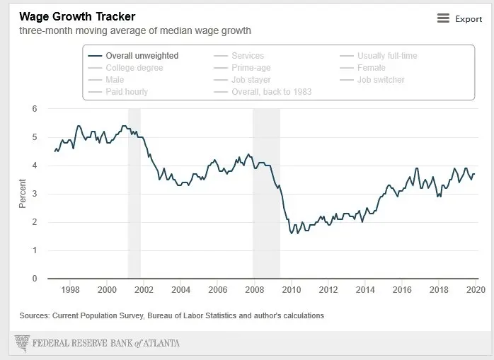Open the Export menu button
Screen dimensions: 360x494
[459, 19]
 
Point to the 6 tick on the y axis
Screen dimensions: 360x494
[34, 109]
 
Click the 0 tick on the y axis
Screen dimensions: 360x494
[34, 279]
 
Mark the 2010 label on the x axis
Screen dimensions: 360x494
[291, 290]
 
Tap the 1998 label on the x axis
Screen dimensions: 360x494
[69, 290]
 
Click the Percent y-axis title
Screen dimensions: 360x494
[23, 194]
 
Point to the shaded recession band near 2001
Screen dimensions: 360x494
[134, 191]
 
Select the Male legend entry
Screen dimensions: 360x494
[115, 80]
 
